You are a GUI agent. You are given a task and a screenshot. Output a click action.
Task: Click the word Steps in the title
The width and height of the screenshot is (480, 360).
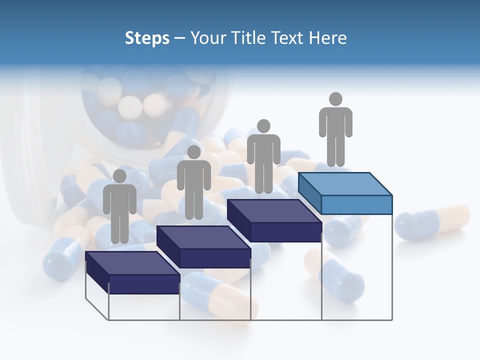(x=147, y=38)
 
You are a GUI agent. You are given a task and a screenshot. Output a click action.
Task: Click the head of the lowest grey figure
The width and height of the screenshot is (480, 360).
(x=119, y=176)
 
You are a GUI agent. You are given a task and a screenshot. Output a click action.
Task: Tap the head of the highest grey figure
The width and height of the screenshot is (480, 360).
(x=335, y=99)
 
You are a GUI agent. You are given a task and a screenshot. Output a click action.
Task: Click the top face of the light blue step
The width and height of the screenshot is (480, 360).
(x=345, y=183)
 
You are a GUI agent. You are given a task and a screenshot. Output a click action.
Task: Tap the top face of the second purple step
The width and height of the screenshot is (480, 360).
(x=203, y=237)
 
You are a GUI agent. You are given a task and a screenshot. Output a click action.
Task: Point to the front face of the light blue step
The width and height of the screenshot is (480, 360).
(x=356, y=204)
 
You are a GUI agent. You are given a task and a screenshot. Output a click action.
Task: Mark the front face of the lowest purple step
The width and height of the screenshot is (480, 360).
(x=144, y=284)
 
